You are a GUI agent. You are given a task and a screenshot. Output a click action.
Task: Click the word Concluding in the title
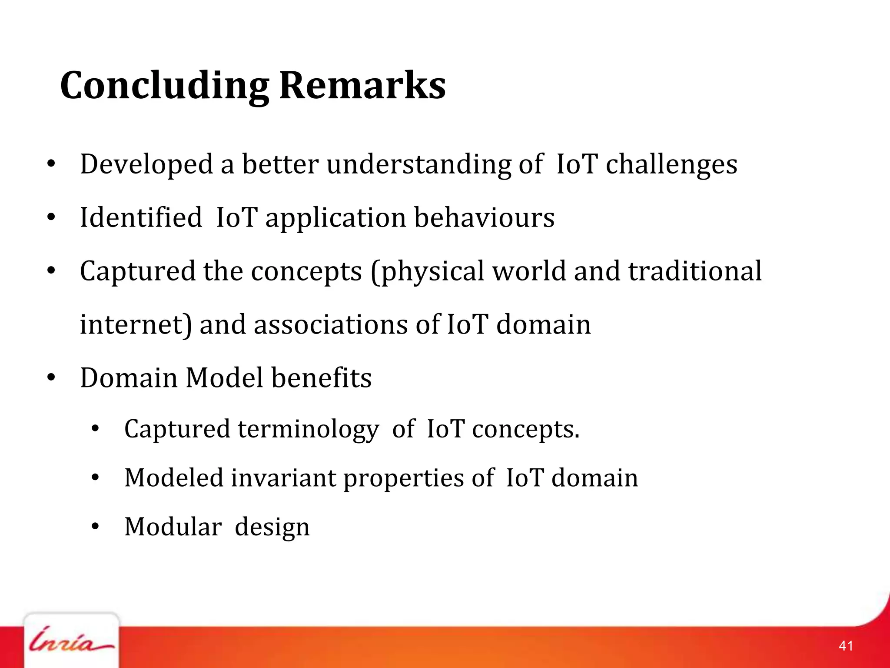pyautogui.click(x=164, y=86)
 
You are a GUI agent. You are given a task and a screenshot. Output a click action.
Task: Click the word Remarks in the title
pyautogui.click(x=362, y=85)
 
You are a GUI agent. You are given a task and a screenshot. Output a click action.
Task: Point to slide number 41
pyautogui.click(x=846, y=646)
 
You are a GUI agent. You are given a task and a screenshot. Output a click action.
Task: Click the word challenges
pyautogui.click(x=671, y=165)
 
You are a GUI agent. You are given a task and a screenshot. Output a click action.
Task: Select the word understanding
pyautogui.click(x=419, y=165)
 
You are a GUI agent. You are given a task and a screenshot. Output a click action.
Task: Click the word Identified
pyautogui.click(x=141, y=217)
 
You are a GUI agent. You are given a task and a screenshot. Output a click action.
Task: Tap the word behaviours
pyautogui.click(x=484, y=217)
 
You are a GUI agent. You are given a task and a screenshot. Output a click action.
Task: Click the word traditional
pyautogui.click(x=695, y=271)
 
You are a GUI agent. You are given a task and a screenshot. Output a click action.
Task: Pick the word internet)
pyautogui.click(x=136, y=325)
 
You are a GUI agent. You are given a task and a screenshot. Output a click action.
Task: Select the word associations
pyautogui.click(x=330, y=325)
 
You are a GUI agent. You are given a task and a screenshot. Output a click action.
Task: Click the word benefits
pyautogui.click(x=322, y=377)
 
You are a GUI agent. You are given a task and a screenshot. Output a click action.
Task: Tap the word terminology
pyautogui.click(x=308, y=430)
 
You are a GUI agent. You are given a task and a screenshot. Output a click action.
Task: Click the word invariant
pyautogui.click(x=283, y=478)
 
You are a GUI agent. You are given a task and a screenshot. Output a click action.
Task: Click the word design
pyautogui.click(x=272, y=528)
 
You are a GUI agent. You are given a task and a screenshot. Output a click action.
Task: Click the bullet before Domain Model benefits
pyautogui.click(x=51, y=377)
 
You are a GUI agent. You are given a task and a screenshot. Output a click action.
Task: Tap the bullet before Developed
pyautogui.click(x=51, y=164)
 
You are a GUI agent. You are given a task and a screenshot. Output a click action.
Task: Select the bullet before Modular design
pyautogui.click(x=95, y=527)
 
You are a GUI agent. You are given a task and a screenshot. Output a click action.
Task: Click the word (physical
pyautogui.click(x=427, y=272)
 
